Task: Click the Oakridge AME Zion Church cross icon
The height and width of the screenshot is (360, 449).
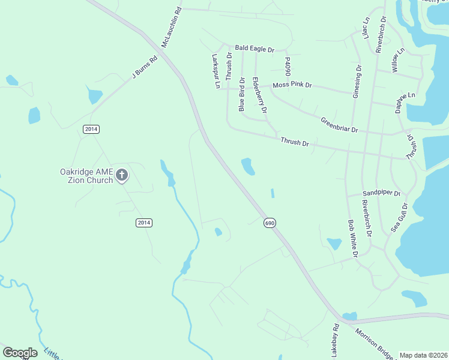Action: click(122, 175)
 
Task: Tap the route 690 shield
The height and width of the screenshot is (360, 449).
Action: click(270, 223)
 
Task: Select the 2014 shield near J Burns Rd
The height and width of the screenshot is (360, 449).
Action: click(91, 129)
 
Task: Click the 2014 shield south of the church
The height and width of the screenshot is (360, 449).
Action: click(143, 223)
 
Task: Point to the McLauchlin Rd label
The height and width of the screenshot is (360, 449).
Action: click(171, 28)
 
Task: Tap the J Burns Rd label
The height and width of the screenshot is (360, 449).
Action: click(145, 67)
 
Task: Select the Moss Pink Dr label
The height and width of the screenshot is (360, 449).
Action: click(292, 85)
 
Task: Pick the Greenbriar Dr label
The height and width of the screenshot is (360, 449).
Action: click(339, 124)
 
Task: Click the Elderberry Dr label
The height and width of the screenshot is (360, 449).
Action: click(259, 95)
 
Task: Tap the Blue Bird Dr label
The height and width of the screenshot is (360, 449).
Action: click(242, 94)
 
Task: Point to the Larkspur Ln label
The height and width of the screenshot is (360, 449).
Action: click(215, 72)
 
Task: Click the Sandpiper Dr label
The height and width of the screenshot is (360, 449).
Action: click(382, 194)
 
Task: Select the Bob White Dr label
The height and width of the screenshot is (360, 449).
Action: click(353, 238)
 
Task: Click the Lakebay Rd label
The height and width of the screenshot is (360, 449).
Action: click(336, 339)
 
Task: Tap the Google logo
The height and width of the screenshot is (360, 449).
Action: click(20, 353)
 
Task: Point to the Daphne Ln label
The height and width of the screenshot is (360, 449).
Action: click(405, 102)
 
